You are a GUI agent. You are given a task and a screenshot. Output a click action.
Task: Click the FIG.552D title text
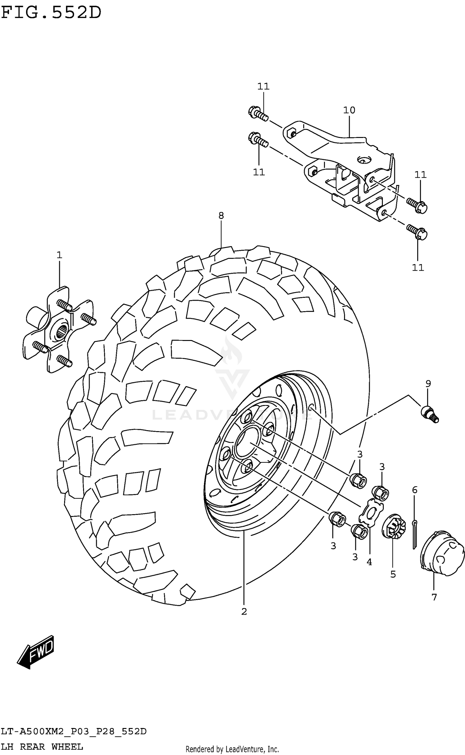51,13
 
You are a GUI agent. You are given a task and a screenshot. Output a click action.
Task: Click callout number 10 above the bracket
349,110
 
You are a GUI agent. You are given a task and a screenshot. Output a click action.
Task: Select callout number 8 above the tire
221,215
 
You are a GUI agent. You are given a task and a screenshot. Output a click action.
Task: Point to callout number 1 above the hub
59,255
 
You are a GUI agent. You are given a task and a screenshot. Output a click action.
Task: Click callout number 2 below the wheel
244,612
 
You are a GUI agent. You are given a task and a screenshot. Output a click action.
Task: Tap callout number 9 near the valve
428,384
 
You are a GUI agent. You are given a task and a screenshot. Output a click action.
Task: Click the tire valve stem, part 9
430,415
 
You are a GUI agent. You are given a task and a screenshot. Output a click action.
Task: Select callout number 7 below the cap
434,597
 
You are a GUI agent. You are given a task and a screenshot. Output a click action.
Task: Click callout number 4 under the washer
369,562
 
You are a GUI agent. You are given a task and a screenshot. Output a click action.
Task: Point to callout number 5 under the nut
393,574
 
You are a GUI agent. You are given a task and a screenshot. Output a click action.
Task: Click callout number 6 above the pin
415,490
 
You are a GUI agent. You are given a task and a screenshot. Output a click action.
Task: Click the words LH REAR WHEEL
42,747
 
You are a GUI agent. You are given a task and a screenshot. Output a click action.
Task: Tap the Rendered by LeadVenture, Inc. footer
232,749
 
